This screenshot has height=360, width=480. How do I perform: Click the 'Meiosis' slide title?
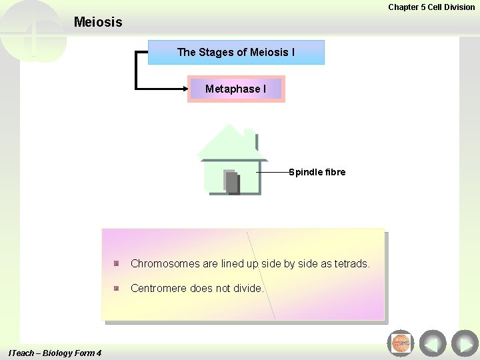[x=98, y=22]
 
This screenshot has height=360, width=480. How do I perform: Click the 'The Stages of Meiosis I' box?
[x=236, y=52]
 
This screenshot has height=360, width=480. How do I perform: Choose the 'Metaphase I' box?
[x=236, y=89]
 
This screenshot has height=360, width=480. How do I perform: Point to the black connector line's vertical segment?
[x=136, y=69]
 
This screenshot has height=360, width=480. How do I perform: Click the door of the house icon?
[x=231, y=182]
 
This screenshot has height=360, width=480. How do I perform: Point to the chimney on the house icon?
[x=249, y=137]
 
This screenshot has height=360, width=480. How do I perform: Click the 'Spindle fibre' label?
[x=317, y=172]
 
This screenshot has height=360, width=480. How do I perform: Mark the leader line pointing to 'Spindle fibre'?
[x=273, y=172]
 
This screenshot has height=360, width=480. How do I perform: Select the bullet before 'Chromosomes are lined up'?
[x=116, y=263]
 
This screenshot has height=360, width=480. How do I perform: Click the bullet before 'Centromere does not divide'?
[x=116, y=289]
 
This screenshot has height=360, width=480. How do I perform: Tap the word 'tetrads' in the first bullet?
[x=352, y=263]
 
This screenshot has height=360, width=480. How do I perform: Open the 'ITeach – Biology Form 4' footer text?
[x=55, y=353]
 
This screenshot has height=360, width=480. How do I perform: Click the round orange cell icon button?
[x=401, y=343]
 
